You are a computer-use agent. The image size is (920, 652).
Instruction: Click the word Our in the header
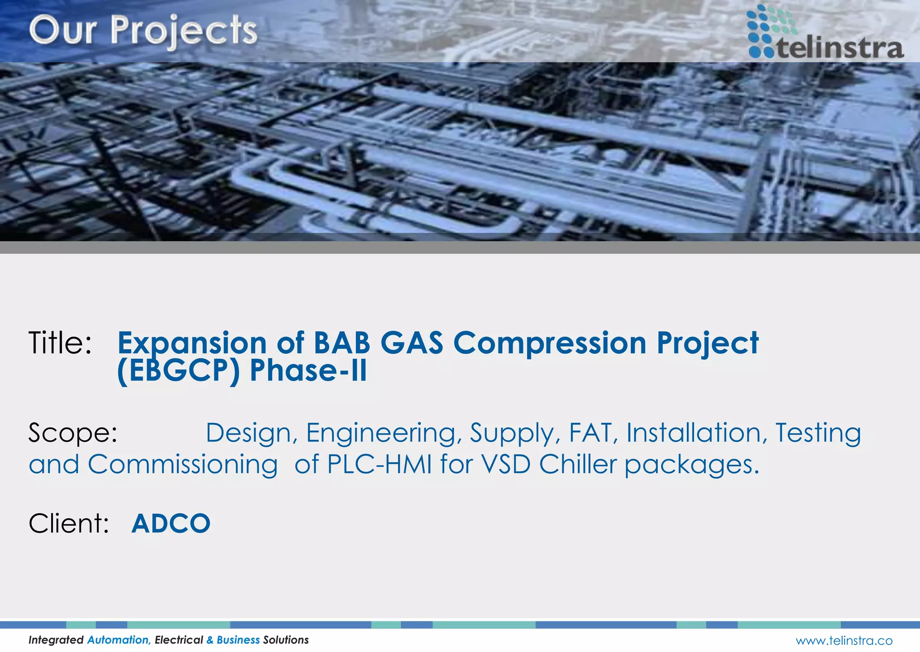63,31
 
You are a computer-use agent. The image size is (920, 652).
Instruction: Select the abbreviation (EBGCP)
178,371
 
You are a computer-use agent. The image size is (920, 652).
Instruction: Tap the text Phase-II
308,371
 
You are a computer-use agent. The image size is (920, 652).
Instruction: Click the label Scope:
73,433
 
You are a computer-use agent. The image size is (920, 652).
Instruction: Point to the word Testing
818,433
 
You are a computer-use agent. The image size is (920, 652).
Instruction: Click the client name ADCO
171,524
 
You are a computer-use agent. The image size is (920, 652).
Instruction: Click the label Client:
69,524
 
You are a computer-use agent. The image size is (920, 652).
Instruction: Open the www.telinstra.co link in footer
844,640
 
